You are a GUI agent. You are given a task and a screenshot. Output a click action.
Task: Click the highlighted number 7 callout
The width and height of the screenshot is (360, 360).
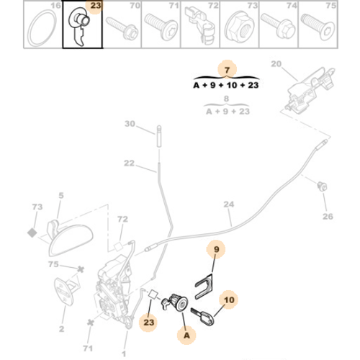[228, 68]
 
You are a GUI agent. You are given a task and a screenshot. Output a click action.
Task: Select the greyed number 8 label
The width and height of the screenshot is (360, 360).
[228, 100]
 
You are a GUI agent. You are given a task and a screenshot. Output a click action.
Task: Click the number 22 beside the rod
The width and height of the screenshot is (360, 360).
[129, 163]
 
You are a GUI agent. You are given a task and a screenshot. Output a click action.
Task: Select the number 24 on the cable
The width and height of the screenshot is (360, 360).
[229, 204]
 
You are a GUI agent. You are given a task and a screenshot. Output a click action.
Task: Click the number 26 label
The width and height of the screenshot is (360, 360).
[328, 215]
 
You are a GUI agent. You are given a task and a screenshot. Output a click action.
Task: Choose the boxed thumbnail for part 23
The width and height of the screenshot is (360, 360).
[82, 26]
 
